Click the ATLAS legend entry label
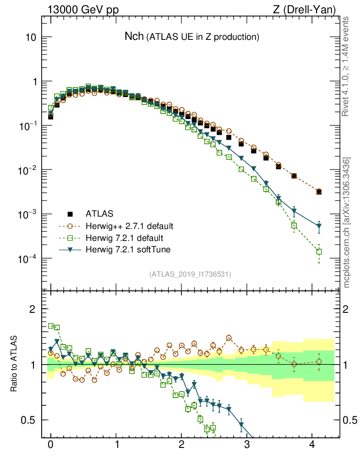pos(100,213)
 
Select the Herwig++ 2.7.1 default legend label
pos(129,226)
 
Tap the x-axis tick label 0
pos(51,445)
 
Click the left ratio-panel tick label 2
pos(33,309)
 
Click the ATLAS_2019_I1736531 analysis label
pos(190,274)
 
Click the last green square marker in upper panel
pos(319,251)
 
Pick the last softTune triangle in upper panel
pos(319,226)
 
